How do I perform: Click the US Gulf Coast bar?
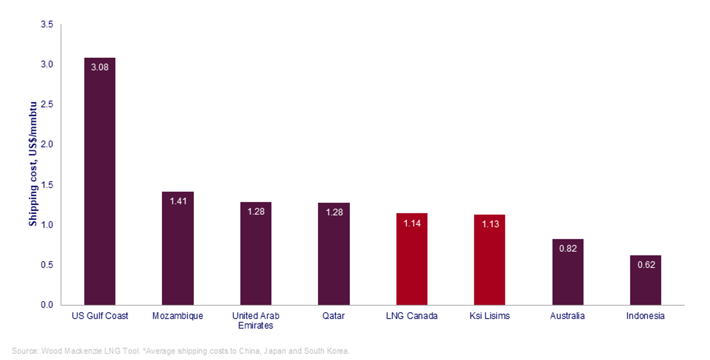tap(99, 181)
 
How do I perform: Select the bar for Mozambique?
tap(177, 248)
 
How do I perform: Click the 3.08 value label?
tap(99, 67)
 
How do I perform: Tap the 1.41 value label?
tap(178, 201)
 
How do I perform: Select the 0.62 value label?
tap(646, 265)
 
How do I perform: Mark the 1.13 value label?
tap(490, 224)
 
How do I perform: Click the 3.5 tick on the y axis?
tap(47, 24)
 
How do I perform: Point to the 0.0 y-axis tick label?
tap(47, 305)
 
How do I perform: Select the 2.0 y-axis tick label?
tap(47, 144)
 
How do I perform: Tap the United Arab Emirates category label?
tap(256, 321)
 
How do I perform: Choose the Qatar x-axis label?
tap(333, 316)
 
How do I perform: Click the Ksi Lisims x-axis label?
tap(490, 316)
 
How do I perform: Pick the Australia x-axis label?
tap(567, 316)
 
